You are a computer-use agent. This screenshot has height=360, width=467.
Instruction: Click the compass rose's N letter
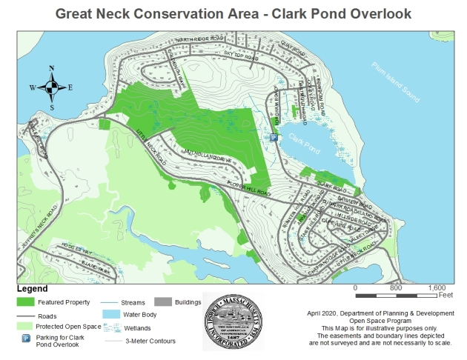tap(51, 69)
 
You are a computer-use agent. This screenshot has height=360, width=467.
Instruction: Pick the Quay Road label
tap(295, 51)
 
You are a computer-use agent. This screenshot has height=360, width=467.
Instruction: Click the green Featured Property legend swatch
tap(27, 302)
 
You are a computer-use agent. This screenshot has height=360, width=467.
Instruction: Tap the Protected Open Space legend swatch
tap(27, 326)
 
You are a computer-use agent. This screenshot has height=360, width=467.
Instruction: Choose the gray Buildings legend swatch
tap(162, 302)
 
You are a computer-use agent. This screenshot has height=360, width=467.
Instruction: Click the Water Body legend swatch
tap(111, 314)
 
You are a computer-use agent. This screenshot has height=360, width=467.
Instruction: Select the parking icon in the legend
tap(27, 339)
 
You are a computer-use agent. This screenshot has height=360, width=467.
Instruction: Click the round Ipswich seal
tap(233, 324)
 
